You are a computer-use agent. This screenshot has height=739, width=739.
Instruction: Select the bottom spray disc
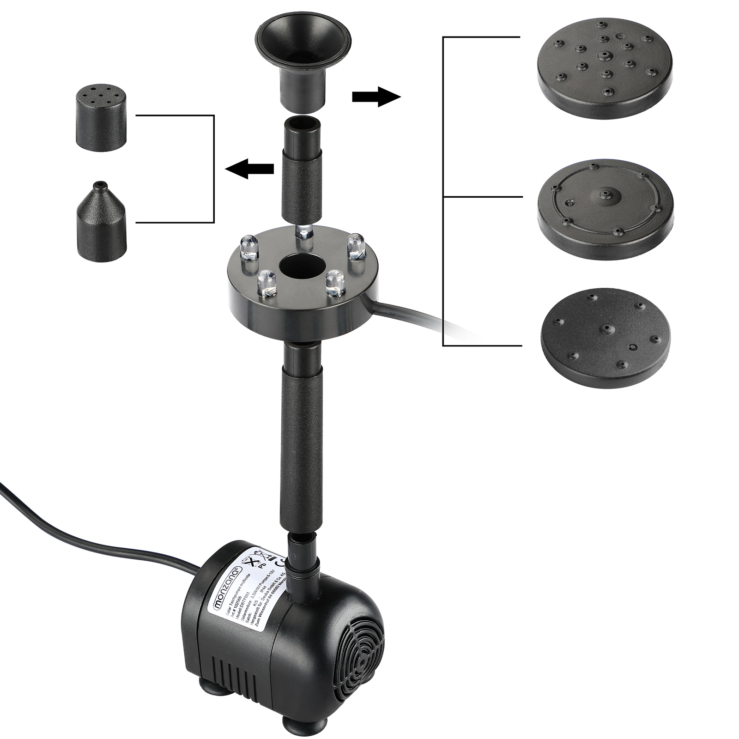tap(605, 340)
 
